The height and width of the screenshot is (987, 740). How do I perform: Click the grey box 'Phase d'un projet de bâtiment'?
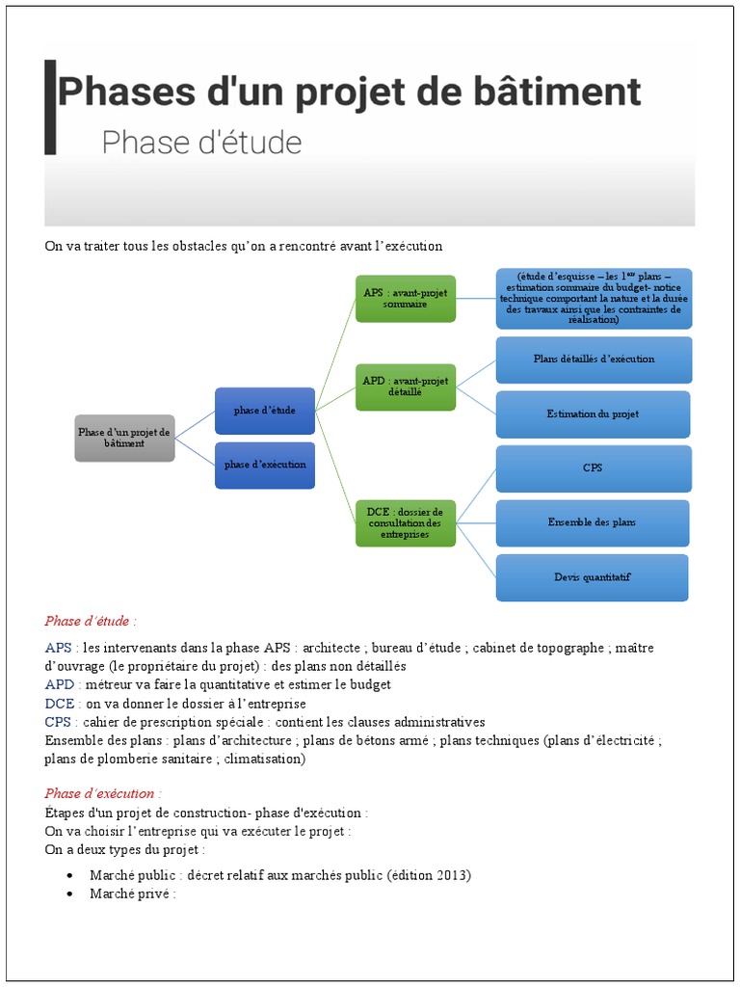(x=124, y=438)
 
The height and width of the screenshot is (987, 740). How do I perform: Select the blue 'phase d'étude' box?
(x=265, y=411)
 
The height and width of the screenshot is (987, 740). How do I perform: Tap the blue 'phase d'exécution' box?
(x=265, y=465)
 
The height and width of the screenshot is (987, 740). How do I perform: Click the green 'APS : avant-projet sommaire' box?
(x=406, y=298)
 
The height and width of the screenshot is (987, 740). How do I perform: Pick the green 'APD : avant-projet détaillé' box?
(x=406, y=386)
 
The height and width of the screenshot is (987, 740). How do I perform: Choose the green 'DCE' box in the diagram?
(x=406, y=522)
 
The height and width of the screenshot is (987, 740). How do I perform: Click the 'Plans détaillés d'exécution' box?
(x=594, y=360)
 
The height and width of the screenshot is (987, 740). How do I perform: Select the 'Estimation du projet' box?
(x=594, y=413)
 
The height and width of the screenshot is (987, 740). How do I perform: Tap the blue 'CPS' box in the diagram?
(x=594, y=468)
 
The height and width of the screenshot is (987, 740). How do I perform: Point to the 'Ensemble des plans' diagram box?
(x=593, y=522)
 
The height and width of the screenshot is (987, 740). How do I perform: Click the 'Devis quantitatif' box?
(x=593, y=577)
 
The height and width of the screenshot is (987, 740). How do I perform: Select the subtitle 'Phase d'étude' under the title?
(x=201, y=143)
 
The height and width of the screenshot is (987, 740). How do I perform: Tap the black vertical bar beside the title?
(x=50, y=106)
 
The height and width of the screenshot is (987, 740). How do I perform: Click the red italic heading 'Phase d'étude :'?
(x=91, y=621)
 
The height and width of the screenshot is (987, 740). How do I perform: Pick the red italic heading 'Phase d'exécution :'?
(x=103, y=793)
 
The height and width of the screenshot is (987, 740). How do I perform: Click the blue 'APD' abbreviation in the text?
(x=59, y=684)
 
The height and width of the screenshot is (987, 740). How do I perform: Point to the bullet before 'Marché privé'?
(x=71, y=894)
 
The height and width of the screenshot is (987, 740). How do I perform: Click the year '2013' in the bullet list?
(x=451, y=875)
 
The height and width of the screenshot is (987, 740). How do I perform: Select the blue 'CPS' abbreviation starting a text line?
(x=58, y=722)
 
